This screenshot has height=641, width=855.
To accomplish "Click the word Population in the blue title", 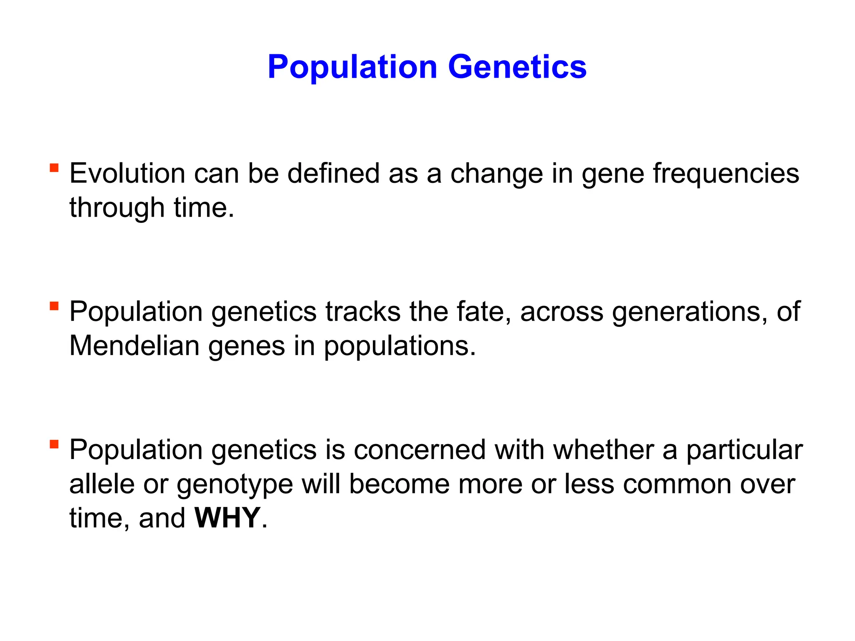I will pos(352,67).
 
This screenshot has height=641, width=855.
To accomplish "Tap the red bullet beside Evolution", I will pos(54,168).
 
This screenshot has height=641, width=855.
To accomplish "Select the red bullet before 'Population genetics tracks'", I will pos(54,306).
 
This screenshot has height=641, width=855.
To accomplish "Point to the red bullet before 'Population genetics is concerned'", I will pos(54,444).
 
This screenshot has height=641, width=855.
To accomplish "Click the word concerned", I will pos(420,450).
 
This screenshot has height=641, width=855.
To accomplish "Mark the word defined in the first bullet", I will pos(333,173).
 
